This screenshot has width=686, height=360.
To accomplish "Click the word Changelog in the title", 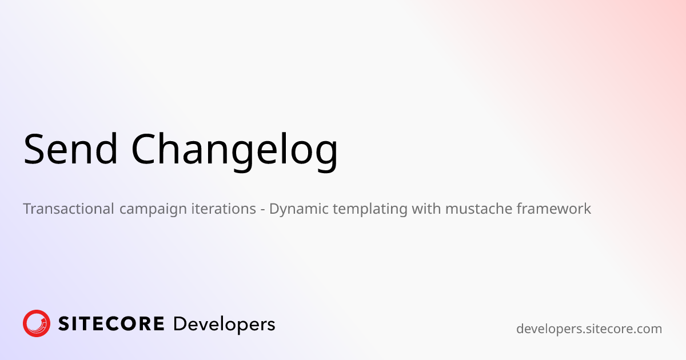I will [x=234, y=150].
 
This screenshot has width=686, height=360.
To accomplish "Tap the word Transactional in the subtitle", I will [x=69, y=209].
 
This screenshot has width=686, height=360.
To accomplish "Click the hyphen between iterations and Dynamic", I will [x=262, y=209].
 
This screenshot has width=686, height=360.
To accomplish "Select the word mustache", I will [x=478, y=209].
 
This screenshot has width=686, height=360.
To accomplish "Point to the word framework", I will [x=554, y=209].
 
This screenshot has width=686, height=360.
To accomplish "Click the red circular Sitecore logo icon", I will [x=37, y=323].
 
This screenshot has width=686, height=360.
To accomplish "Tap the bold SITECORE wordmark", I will [x=111, y=324].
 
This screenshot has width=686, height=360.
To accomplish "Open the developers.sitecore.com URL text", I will [x=589, y=329].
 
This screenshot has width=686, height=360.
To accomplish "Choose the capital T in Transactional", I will [x=28, y=209].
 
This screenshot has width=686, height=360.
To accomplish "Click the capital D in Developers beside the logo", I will [x=179, y=324].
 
